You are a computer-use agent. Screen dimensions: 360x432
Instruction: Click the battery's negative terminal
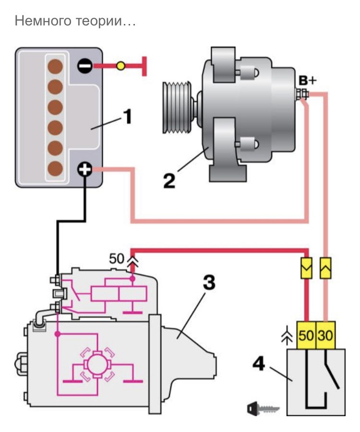point(84,66)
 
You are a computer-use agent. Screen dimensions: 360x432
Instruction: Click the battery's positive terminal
point(84,169)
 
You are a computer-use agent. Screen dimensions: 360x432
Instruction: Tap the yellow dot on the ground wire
point(120,66)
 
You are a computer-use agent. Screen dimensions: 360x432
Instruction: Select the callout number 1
point(127,117)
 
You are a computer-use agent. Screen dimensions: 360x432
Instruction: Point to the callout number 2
point(169,181)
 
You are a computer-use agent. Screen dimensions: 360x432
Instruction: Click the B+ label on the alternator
point(308,81)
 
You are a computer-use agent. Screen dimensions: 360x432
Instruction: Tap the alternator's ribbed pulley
point(177,108)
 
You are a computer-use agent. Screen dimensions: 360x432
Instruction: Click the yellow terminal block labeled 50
point(306,336)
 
